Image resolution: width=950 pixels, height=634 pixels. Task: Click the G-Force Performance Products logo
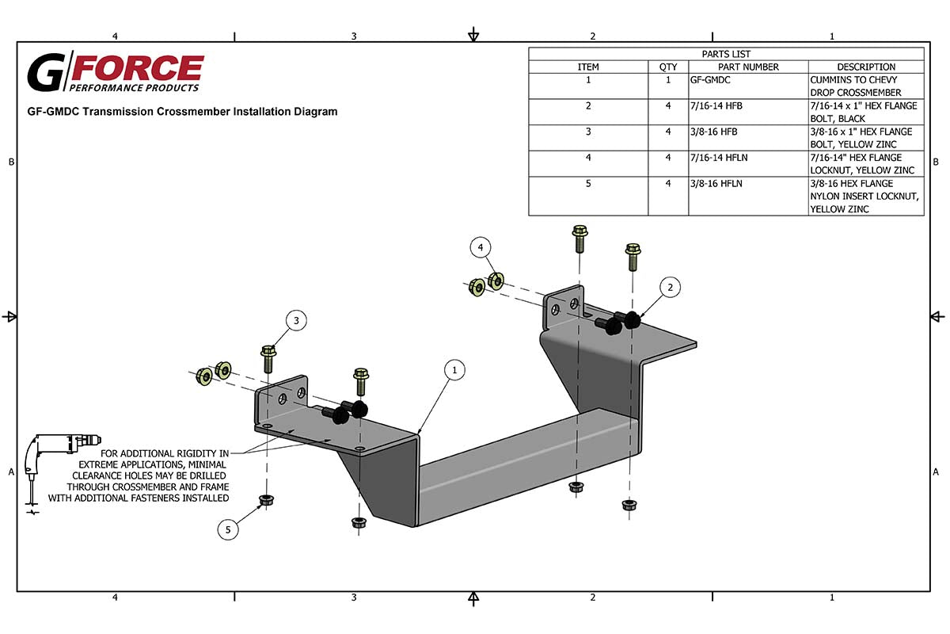[116, 73]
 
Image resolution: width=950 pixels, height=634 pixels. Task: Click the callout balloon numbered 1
[454, 369]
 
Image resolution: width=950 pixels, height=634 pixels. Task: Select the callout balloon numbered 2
[670, 288]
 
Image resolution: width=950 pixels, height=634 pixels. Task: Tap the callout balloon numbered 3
[296, 321]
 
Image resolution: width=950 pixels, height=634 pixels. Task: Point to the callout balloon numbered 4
[480, 248]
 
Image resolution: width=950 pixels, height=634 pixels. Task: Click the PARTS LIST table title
[726, 54]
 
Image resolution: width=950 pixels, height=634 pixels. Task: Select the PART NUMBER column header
[748, 67]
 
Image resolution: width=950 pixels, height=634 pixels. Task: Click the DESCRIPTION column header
[866, 67]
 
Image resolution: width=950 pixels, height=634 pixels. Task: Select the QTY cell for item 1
[668, 80]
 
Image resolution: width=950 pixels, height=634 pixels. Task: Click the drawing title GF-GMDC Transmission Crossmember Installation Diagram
[182, 112]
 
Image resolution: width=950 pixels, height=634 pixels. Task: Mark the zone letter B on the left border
[11, 162]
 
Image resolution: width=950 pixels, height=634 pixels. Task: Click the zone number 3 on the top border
[354, 36]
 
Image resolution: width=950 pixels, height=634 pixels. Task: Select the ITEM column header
[588, 67]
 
